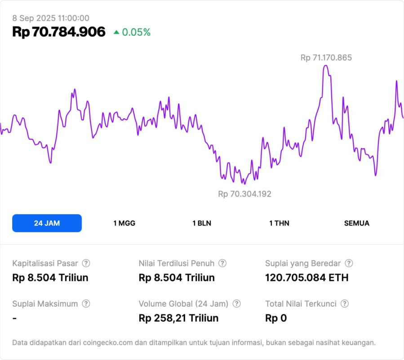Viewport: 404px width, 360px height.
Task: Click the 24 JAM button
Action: click(x=47, y=223)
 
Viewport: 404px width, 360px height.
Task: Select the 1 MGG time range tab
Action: click(x=124, y=223)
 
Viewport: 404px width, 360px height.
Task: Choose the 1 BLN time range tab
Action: click(x=202, y=223)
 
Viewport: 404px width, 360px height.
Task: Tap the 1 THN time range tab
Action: click(x=279, y=223)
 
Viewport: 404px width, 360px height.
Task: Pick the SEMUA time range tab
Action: click(x=357, y=223)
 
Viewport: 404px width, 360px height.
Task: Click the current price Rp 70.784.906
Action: click(x=59, y=32)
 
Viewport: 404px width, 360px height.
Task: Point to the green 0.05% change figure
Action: click(x=136, y=32)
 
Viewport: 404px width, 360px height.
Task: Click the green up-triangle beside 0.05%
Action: click(x=116, y=32)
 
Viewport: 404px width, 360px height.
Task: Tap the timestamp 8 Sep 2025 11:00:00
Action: click(x=51, y=18)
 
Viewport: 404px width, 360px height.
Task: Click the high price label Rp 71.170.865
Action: click(x=326, y=58)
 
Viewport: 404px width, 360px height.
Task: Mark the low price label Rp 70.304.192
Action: click(x=244, y=194)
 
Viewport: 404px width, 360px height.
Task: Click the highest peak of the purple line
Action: click(x=326, y=66)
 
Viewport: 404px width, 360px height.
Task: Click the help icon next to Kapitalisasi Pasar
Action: click(x=86, y=263)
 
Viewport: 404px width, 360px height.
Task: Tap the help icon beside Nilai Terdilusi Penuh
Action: click(x=222, y=263)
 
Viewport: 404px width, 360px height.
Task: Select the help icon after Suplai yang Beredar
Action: click(x=349, y=263)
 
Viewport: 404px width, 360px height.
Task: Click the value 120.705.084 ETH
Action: click(x=306, y=278)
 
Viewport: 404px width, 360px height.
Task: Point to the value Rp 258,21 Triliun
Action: click(x=178, y=318)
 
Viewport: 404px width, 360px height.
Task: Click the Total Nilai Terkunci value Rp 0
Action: click(x=276, y=318)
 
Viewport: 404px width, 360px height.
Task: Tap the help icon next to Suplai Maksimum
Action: click(x=86, y=304)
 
